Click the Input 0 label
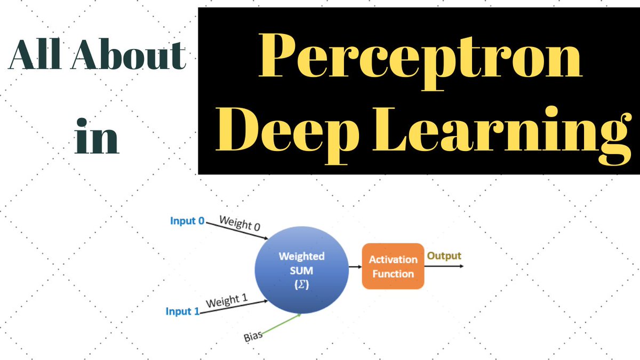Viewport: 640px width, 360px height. [187, 220]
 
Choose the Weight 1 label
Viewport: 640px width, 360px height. [226, 301]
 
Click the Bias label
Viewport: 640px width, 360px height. [253, 337]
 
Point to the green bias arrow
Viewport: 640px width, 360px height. [280, 325]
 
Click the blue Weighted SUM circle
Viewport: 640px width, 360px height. [301, 271]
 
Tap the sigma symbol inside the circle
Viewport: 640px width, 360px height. [301, 286]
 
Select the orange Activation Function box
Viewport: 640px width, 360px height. [393, 267]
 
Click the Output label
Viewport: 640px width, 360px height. [444, 256]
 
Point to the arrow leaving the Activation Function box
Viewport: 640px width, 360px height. [444, 266]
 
